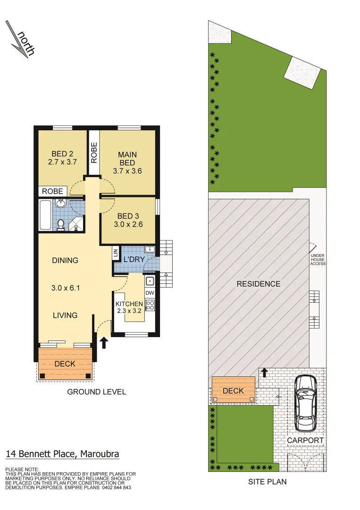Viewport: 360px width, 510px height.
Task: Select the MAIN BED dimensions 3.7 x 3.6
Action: [127, 171]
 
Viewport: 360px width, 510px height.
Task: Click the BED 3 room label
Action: [128, 216]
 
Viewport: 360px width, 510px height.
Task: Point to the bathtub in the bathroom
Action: [45, 215]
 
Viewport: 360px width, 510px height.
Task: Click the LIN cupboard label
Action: [116, 253]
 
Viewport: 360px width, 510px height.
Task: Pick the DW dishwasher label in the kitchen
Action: [150, 293]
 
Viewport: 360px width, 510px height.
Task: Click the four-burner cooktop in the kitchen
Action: [150, 305]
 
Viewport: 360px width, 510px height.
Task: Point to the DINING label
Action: [66, 261]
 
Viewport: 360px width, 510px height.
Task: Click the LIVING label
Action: [65, 315]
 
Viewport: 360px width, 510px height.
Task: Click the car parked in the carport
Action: [305, 403]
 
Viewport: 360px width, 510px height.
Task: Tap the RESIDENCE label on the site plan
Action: [259, 284]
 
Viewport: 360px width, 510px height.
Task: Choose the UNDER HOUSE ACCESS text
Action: [318, 259]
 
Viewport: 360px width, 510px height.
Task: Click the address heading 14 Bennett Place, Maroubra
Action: [62, 454]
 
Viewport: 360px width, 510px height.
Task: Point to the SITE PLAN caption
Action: [267, 482]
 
